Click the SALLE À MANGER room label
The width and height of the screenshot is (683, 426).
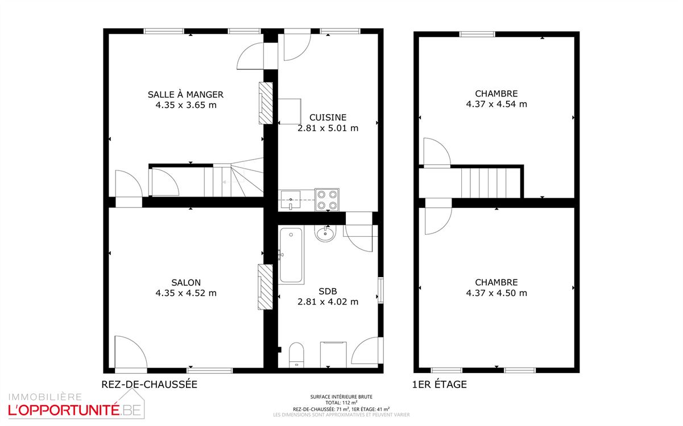(x=185, y=94)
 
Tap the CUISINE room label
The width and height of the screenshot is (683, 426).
(x=328, y=117)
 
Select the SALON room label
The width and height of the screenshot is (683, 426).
(x=186, y=282)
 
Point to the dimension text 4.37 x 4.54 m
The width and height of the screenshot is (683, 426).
(x=496, y=104)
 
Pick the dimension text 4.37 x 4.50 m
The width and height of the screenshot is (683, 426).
(x=496, y=293)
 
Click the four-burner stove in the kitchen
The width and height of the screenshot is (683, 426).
(x=327, y=199)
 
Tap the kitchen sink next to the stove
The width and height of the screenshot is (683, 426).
(x=291, y=200)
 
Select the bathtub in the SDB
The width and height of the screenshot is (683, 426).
(x=291, y=255)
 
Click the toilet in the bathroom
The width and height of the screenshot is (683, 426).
(x=297, y=354)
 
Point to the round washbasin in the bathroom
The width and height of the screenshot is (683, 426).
(x=326, y=233)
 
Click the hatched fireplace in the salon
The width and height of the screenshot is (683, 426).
(x=265, y=287)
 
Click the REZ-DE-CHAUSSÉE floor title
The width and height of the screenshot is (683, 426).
(x=149, y=385)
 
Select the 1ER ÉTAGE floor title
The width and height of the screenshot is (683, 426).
(x=439, y=385)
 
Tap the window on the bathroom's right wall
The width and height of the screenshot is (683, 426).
(x=380, y=290)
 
